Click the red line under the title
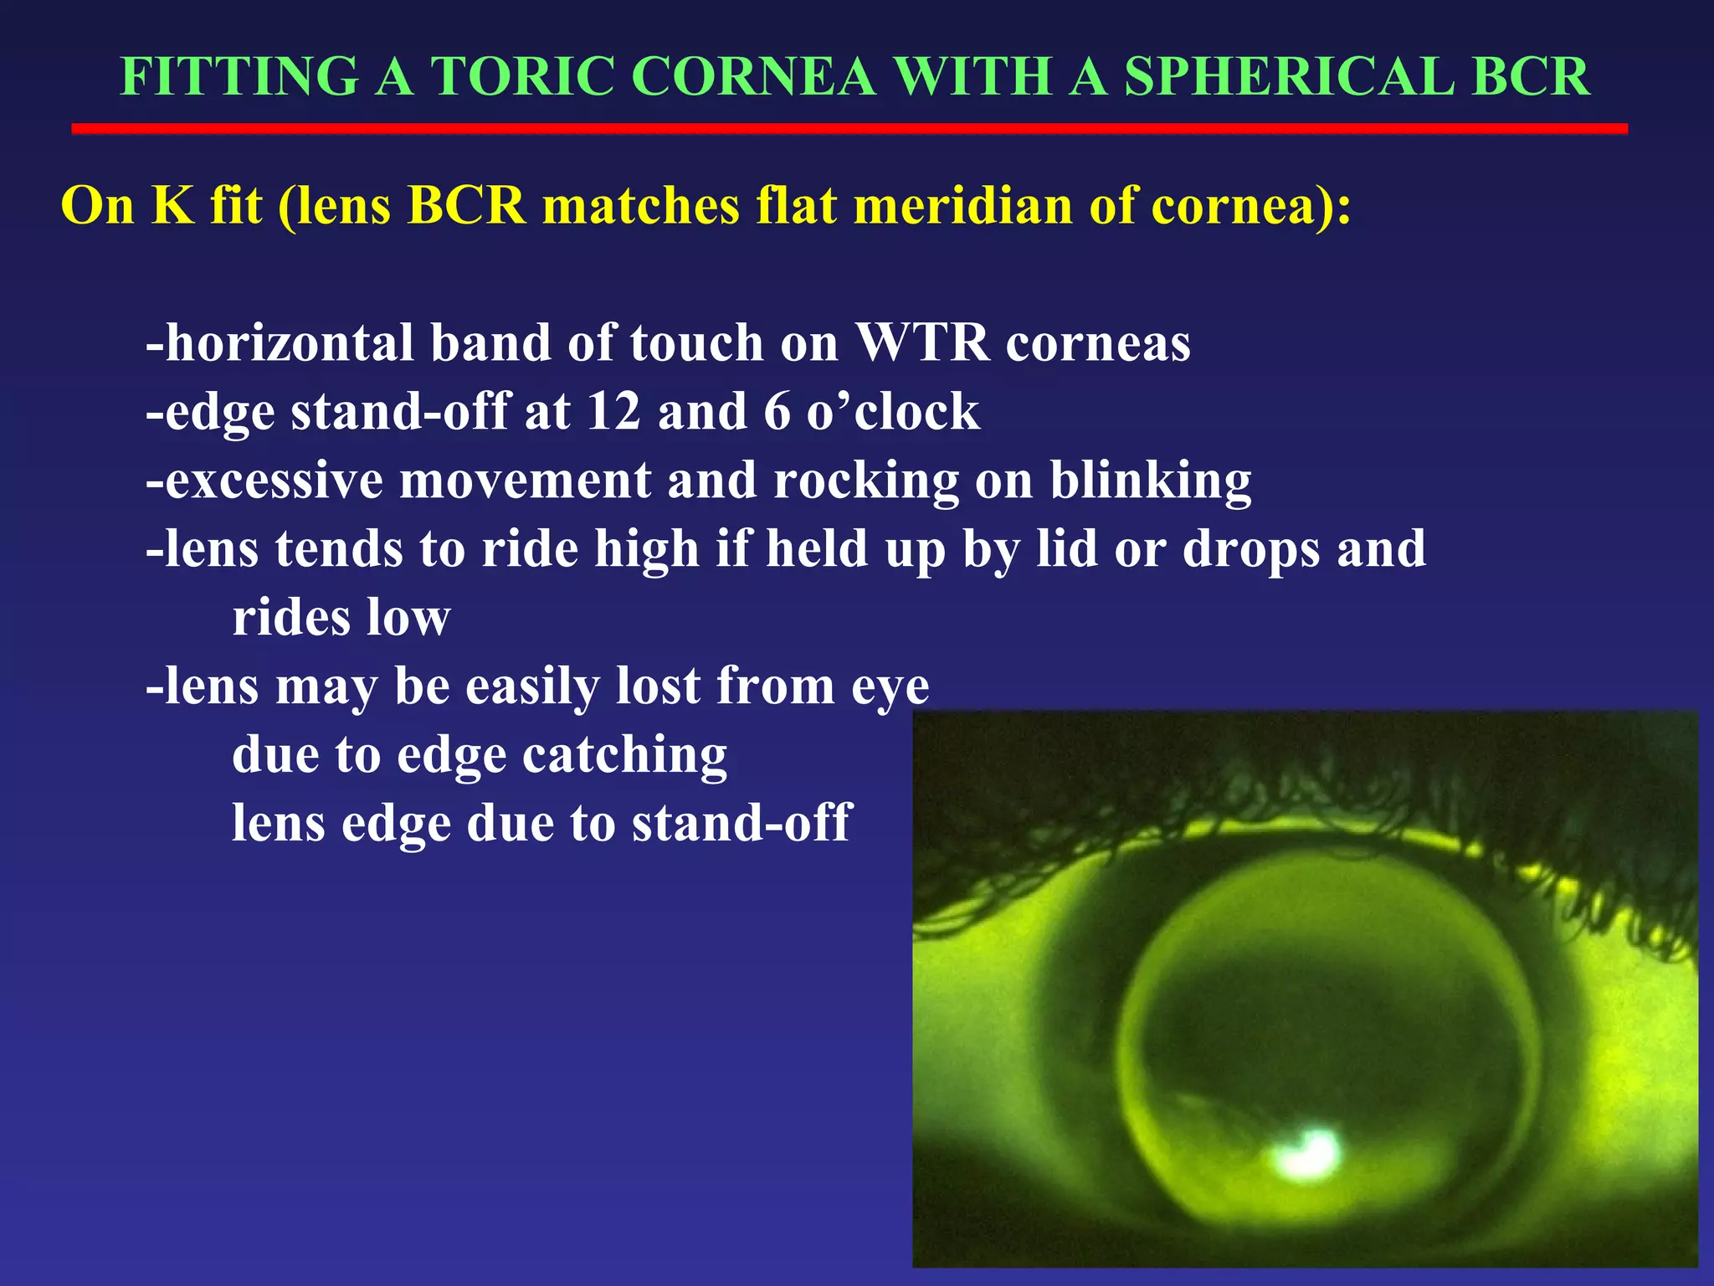[849, 129]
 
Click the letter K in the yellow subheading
[172, 205]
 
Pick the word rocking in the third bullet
[865, 482]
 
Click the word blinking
[1150, 482]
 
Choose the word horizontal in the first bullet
[290, 343]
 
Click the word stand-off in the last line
[741, 824]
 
